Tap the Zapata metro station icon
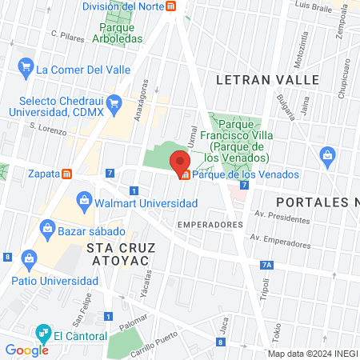click(68, 173)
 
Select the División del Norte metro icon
click(171, 6)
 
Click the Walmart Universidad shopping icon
click(83, 199)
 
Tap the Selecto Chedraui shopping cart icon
click(114, 102)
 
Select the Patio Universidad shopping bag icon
click(30, 258)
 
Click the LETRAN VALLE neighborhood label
click(267, 80)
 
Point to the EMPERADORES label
click(210, 225)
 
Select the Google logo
click(26, 350)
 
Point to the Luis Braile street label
click(314, 5)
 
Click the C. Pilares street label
click(67, 35)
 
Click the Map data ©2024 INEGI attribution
click(312, 354)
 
